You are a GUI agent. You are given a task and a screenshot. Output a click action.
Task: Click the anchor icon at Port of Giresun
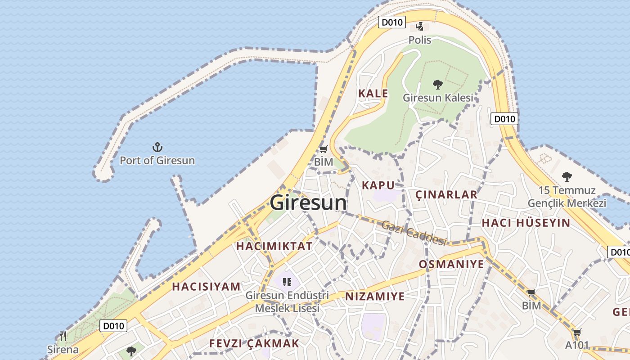(x=157, y=147)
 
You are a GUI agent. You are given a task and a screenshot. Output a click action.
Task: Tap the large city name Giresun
(x=308, y=202)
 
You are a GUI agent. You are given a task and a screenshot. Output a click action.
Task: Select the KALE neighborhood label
(x=373, y=94)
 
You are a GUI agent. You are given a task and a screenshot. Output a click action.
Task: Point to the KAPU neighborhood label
(x=378, y=185)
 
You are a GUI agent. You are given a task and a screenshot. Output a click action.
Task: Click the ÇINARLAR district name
(x=446, y=194)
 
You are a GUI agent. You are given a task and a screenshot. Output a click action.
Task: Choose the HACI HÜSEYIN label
(x=526, y=223)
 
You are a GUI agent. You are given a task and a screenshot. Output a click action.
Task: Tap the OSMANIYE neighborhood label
(x=451, y=264)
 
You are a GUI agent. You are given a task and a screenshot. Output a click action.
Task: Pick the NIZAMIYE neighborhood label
(x=375, y=296)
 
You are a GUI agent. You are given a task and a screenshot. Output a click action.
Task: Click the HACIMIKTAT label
(x=274, y=246)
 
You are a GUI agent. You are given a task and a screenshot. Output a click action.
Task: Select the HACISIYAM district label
(x=206, y=287)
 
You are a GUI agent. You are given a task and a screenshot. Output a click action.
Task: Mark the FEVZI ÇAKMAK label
(x=254, y=343)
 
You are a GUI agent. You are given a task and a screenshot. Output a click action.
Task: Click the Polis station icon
(x=419, y=27)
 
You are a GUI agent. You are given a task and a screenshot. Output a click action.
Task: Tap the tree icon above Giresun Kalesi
(x=437, y=84)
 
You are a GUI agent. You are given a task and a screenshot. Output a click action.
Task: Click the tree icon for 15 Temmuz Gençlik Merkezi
(x=567, y=176)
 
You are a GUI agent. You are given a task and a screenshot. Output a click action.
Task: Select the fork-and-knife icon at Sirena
(x=63, y=336)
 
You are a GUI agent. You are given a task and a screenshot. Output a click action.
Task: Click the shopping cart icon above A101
(x=577, y=333)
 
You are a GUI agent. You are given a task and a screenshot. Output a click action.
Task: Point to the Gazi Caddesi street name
(x=414, y=233)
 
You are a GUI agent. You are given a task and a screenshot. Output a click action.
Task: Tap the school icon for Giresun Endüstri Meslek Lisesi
(x=287, y=282)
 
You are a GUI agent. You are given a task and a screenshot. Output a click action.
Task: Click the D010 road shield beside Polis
(x=392, y=22)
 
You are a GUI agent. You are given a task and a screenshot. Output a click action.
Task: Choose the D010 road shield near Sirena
(x=113, y=326)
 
